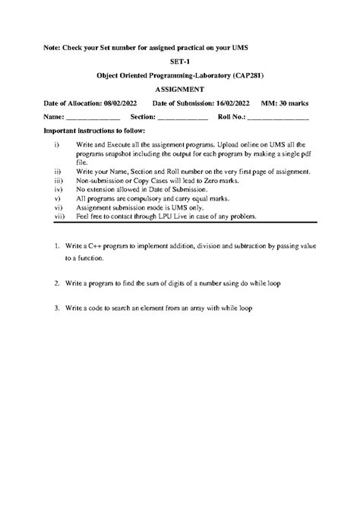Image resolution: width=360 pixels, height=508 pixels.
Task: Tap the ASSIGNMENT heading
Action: [x=179, y=90]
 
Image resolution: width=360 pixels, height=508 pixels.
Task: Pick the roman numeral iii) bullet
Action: [x=58, y=182]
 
